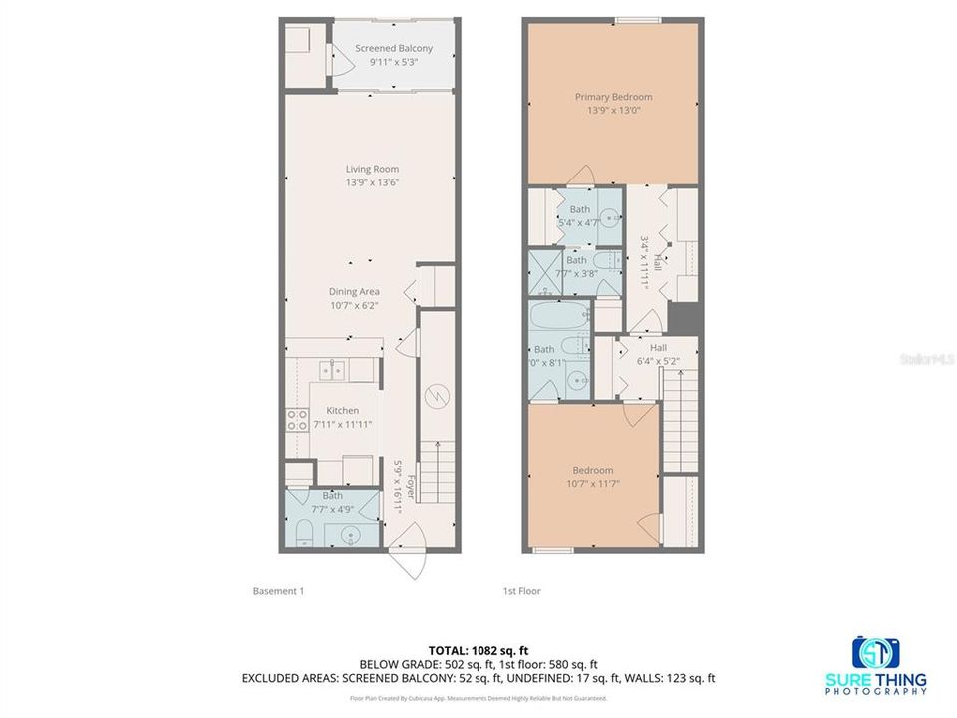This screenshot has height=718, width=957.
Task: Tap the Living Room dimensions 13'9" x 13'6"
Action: pyautogui.click(x=373, y=182)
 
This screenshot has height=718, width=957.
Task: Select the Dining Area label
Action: pyautogui.click(x=355, y=292)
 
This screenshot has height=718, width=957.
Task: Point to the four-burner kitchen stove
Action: pyautogui.click(x=297, y=420)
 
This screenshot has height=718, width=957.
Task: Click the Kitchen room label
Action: pyautogui.click(x=342, y=410)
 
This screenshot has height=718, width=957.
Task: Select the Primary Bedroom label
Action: pyautogui.click(x=613, y=97)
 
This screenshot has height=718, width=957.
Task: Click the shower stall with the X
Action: pyautogui.click(x=542, y=271)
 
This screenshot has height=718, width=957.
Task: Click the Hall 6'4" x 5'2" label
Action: pyautogui.click(x=658, y=354)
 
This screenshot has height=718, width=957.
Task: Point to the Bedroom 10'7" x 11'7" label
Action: pyautogui.click(x=592, y=477)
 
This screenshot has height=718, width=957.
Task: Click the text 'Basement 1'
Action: pyautogui.click(x=278, y=591)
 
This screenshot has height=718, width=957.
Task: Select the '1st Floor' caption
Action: pyautogui.click(x=521, y=591)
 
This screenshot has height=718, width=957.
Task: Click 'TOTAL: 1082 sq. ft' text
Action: pyautogui.click(x=478, y=648)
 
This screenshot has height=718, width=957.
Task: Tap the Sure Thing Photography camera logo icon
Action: pyautogui.click(x=876, y=653)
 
